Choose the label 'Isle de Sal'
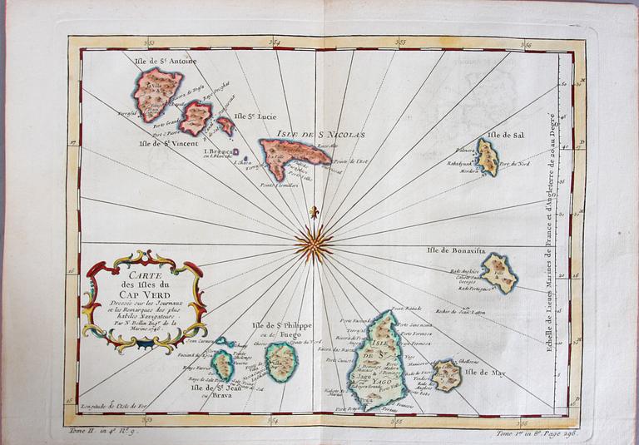[508, 134]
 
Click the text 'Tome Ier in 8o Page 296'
[538, 433]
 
